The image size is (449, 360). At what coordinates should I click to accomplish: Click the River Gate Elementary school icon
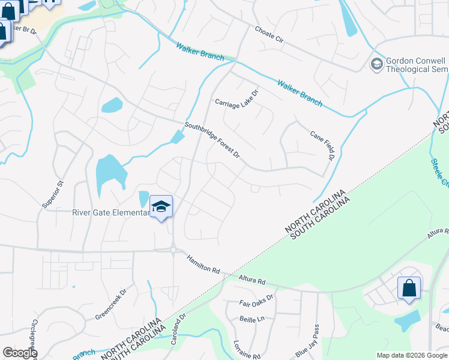click(x=161, y=207)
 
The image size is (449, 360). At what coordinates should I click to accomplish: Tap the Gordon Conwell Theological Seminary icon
click(x=377, y=64)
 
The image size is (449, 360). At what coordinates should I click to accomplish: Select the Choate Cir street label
click(x=268, y=34)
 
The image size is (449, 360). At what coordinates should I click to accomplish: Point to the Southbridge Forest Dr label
click(x=212, y=141)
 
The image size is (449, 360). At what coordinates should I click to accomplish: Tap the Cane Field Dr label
click(x=321, y=146)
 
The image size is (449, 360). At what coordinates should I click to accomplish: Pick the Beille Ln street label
click(x=252, y=319)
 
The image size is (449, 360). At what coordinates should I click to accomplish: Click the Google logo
click(x=19, y=353)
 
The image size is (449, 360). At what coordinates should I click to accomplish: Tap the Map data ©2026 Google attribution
click(x=411, y=355)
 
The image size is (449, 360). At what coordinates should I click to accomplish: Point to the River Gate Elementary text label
click(x=110, y=212)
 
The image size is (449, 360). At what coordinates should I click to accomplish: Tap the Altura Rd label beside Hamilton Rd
click(x=252, y=280)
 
